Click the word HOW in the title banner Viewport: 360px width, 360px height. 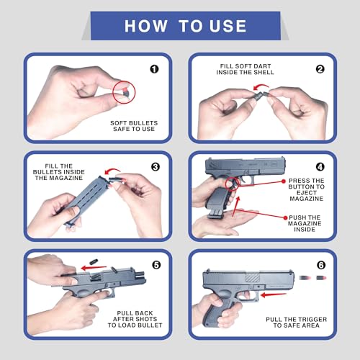tap(145, 26)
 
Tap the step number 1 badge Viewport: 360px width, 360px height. tap(154, 69)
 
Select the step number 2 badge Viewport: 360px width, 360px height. tap(320, 69)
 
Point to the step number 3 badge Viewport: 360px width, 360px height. tap(156, 167)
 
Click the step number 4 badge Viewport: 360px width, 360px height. tap(320, 167)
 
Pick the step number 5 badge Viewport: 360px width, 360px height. tap(156, 265)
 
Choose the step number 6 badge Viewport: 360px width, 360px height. tap(321, 265)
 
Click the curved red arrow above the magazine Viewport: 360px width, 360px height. tap(112, 169)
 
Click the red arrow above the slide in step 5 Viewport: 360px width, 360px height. tap(94, 268)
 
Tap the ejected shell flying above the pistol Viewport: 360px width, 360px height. tap(94, 261)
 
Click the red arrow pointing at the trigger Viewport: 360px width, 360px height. tap(274, 294)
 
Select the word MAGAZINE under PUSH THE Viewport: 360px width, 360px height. tap(305, 223)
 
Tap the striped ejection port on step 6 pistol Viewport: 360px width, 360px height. tap(253, 278)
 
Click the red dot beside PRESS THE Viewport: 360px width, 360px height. tap(284, 181)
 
